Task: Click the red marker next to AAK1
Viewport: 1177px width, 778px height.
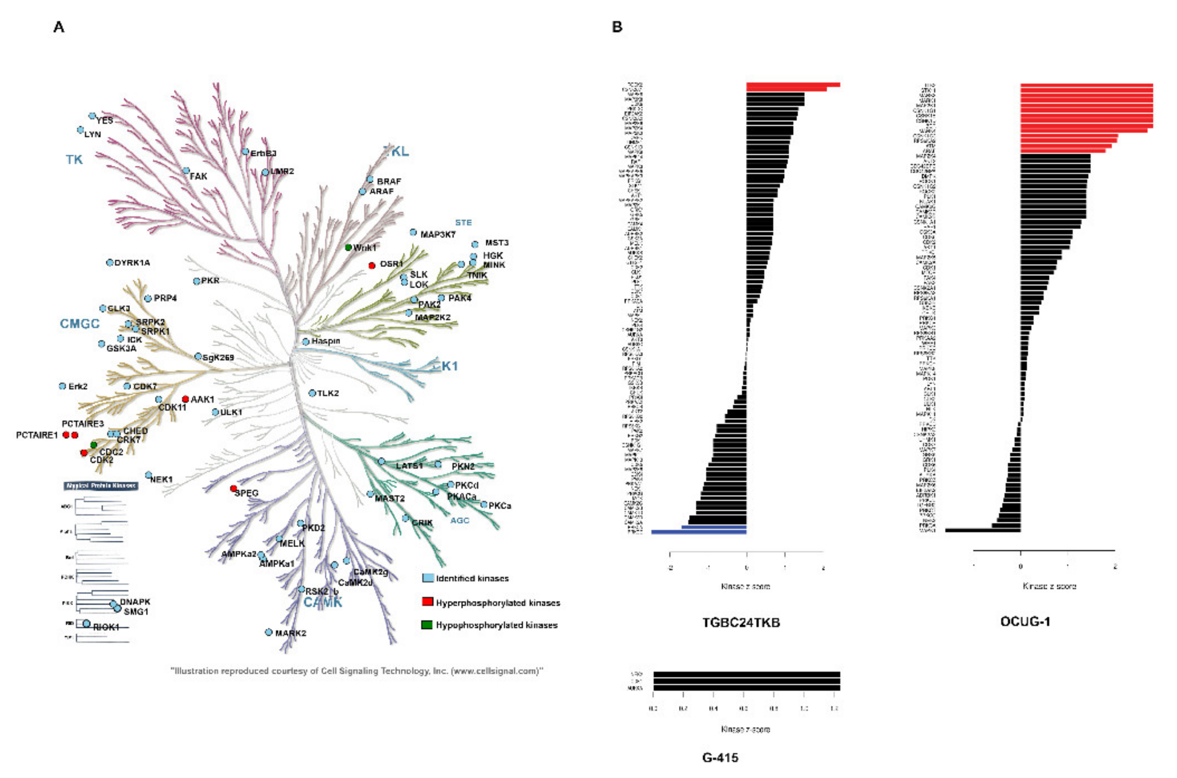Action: point(185,399)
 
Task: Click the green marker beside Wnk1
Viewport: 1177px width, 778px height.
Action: point(349,247)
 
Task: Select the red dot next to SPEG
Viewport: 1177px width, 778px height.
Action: point(234,489)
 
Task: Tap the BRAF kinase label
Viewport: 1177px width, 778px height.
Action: point(389,181)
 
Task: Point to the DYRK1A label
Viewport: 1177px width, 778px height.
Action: point(132,262)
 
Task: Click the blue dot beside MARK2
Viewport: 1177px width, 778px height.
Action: point(269,632)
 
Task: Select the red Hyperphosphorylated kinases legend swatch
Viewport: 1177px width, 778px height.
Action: point(427,602)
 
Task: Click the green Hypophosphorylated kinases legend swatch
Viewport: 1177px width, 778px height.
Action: point(427,624)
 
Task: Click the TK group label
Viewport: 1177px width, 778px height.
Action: point(74,159)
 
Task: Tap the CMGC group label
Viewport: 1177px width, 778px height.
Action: point(80,323)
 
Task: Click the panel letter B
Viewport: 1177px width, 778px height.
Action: point(617,27)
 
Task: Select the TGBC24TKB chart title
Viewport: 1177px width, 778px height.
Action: point(741,622)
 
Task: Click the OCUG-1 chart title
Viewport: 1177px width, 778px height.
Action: point(1025,621)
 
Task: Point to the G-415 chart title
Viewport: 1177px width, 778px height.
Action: point(720,758)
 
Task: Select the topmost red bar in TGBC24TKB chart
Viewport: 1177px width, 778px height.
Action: point(793,85)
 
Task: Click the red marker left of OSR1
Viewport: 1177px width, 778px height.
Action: point(371,265)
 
